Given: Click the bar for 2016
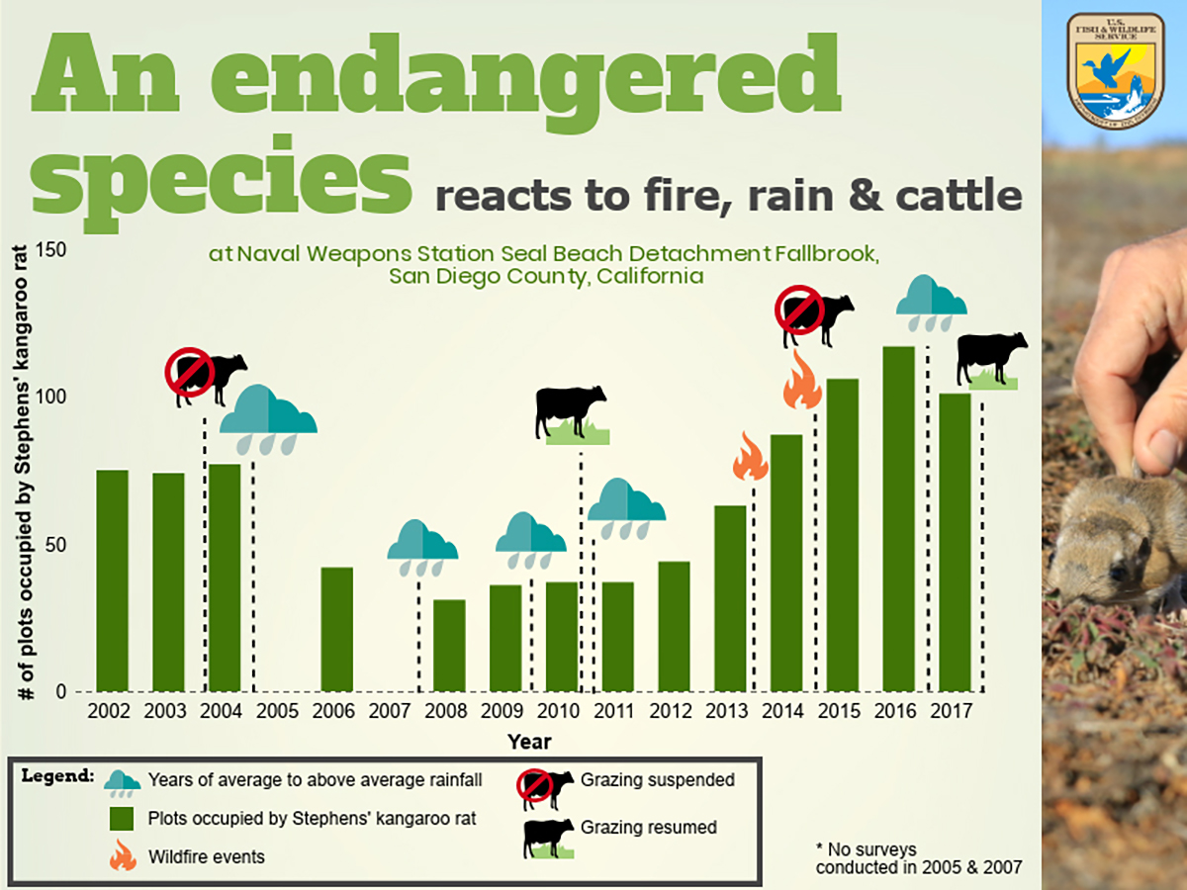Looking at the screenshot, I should (898, 519).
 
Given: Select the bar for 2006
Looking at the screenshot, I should (336, 629).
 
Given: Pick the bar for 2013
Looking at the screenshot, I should (730, 598).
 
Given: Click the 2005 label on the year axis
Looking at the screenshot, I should (278, 711).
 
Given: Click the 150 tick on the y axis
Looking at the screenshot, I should (52, 249).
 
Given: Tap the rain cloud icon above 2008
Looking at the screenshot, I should (422, 547).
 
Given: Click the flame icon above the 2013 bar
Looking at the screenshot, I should (751, 457).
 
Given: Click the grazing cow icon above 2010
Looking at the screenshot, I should (572, 414).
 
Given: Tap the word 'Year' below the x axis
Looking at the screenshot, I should (529, 742).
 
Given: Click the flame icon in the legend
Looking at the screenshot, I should (123, 855).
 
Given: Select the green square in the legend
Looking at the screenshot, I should (122, 819).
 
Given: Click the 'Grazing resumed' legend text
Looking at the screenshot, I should (649, 827).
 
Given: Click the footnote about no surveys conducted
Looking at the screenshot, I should (918, 858).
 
